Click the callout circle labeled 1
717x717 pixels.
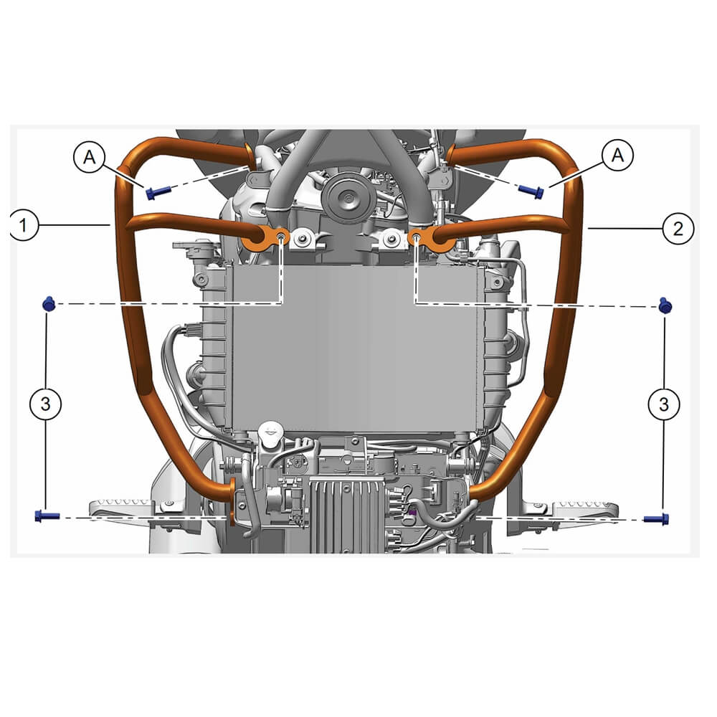[x=22, y=225]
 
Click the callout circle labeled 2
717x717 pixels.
[x=678, y=228]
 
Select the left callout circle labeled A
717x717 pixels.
[x=89, y=157]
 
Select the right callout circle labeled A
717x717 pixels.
[x=618, y=156]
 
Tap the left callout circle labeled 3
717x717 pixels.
[x=45, y=404]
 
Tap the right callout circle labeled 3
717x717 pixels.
[x=664, y=404]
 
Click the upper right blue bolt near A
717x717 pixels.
[x=531, y=191]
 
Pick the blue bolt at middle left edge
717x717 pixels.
[x=49, y=303]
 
